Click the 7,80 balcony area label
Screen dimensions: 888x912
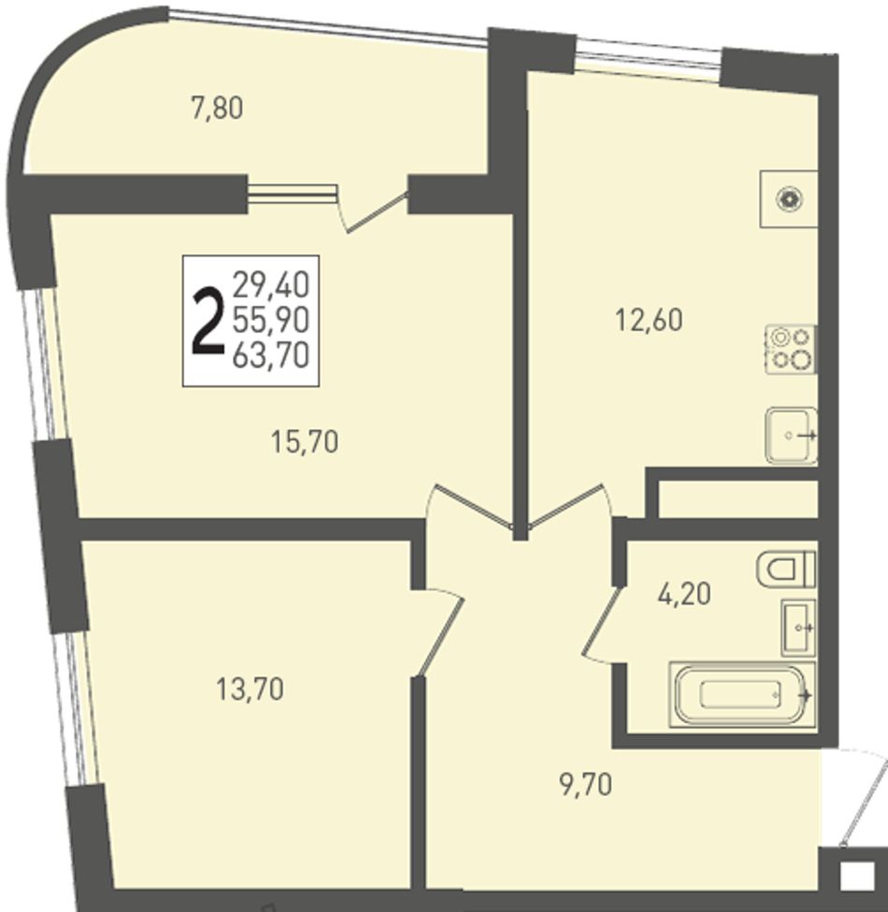(217, 109)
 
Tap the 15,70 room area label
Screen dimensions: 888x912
(305, 442)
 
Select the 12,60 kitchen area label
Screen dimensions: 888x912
(649, 321)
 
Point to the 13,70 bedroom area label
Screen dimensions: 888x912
(250, 689)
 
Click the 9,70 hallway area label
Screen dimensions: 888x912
(586, 785)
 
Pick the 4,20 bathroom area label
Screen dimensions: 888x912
(684, 594)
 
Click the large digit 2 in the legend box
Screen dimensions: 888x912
(208, 322)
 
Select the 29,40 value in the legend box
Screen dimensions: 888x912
(271, 285)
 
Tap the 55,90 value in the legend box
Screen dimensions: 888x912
(271, 320)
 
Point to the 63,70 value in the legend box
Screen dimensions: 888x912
(271, 355)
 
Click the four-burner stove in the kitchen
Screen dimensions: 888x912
(791, 349)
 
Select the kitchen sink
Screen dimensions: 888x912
(792, 435)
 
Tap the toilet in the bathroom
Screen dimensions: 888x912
(786, 569)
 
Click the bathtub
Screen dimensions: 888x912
(742, 694)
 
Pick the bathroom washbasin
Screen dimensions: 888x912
(798, 628)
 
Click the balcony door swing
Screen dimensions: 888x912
(372, 210)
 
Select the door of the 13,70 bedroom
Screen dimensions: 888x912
(440, 633)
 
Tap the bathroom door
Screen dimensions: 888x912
(600, 625)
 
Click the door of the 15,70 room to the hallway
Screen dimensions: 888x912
(469, 507)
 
